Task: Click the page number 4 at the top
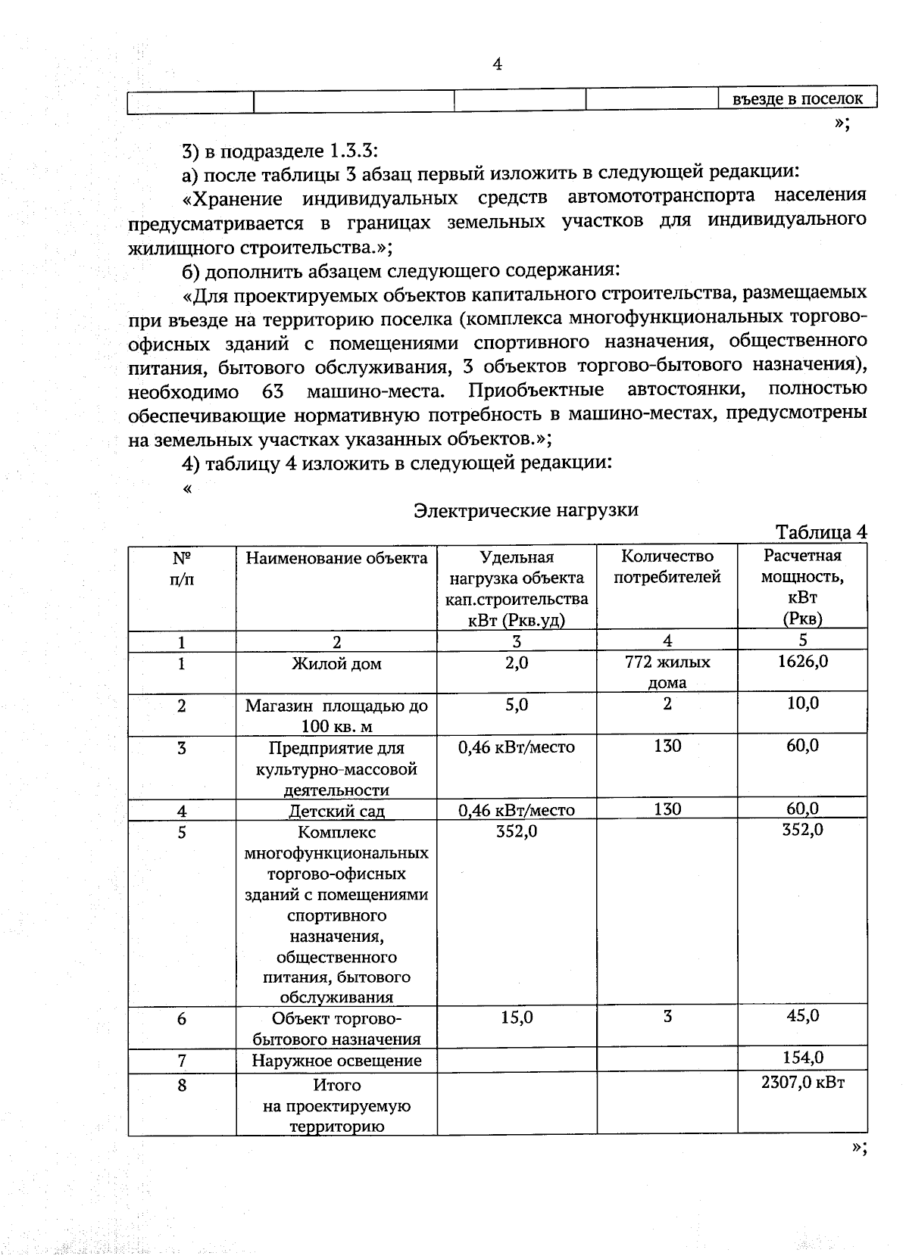[497, 64]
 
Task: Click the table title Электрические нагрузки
[526, 510]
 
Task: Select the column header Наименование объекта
[336, 559]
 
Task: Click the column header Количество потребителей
[667, 567]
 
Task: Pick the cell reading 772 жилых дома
[667, 672]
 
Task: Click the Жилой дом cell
[336, 664]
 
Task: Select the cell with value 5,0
[517, 705]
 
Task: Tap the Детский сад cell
[336, 812]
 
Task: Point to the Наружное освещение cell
[336, 1061]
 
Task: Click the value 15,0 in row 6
[517, 1018]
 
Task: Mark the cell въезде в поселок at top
[798, 99]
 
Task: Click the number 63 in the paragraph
[272, 392]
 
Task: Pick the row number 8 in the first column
[182, 1085]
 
